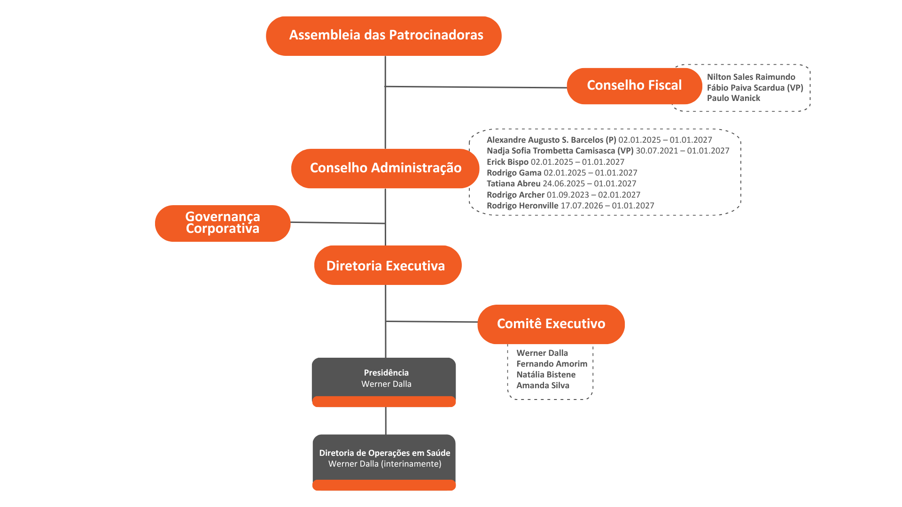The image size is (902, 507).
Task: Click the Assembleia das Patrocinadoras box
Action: point(384,36)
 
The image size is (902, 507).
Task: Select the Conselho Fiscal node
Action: point(634,86)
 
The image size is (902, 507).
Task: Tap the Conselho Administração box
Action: point(385,169)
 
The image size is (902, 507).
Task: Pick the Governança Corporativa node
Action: point(223,223)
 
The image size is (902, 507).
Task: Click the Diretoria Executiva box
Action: point(388,265)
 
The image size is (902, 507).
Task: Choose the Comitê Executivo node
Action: point(551,324)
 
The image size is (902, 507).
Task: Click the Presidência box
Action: point(384,382)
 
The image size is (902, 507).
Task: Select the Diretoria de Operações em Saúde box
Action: point(384,462)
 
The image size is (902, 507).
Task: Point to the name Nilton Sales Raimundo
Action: point(751,77)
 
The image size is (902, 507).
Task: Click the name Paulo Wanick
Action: point(733,98)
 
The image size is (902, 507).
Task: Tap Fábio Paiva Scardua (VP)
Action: point(755,88)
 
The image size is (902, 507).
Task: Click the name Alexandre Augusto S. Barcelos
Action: point(545,140)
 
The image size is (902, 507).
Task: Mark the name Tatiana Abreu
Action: point(513,184)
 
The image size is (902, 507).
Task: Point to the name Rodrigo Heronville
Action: point(522,206)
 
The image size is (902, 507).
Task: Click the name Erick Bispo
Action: point(507,162)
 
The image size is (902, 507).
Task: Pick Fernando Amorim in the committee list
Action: point(552,364)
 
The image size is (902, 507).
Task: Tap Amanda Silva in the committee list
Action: point(543,385)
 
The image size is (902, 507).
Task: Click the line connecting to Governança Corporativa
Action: point(338,223)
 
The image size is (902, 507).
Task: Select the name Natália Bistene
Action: point(546,375)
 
